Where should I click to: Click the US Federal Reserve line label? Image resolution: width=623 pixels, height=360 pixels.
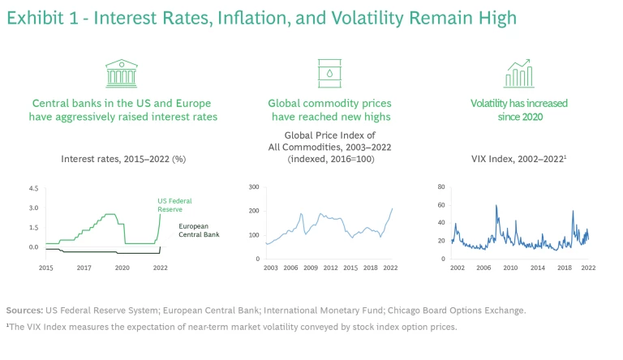click(x=175, y=204)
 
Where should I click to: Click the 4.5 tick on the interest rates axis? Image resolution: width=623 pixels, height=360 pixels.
click(x=33, y=188)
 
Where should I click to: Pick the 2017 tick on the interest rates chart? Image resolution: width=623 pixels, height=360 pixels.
click(x=84, y=267)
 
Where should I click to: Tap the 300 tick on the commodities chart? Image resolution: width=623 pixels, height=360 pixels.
click(x=253, y=187)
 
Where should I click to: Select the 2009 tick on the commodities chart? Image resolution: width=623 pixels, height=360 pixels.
click(x=311, y=267)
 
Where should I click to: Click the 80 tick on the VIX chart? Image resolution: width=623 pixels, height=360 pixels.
click(x=441, y=187)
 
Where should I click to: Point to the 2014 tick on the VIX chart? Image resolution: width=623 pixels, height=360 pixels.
click(x=537, y=267)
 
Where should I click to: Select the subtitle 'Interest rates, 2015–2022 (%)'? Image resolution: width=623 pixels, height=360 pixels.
click(x=123, y=159)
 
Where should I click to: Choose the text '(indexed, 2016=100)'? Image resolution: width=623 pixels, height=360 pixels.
click(x=329, y=159)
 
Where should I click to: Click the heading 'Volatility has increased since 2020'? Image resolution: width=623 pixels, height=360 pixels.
click(x=519, y=109)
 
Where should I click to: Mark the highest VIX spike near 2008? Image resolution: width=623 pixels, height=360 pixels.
click(x=496, y=205)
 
